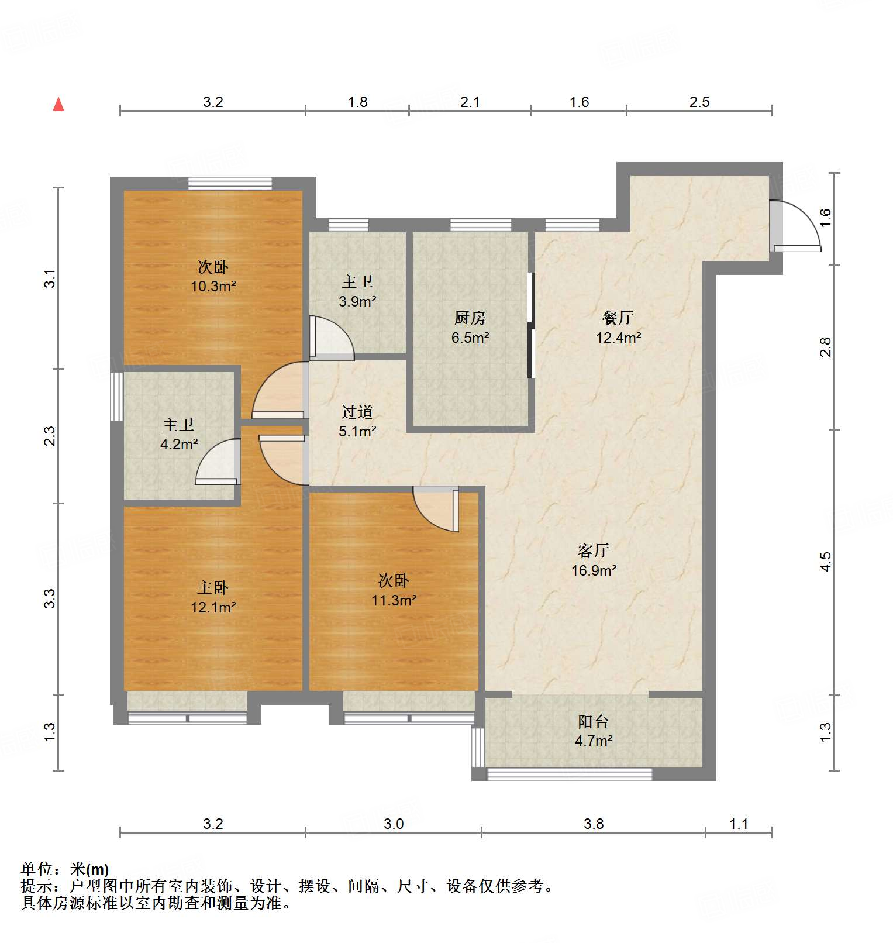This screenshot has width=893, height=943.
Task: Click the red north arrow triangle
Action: pyautogui.click(x=58, y=105)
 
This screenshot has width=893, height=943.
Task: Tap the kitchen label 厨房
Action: pyautogui.click(x=470, y=318)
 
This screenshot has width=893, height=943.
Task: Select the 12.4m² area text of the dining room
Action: pyautogui.click(x=618, y=338)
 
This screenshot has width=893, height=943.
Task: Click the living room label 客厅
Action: pyautogui.click(x=594, y=550)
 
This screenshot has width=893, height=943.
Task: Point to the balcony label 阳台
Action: pyautogui.click(x=594, y=722)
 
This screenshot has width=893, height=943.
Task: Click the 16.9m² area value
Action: pyautogui.click(x=594, y=570)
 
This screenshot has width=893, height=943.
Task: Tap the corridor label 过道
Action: pyautogui.click(x=357, y=412)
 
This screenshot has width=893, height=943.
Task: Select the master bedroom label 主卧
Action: pyautogui.click(x=213, y=587)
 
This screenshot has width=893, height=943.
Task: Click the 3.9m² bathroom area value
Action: pyautogui.click(x=357, y=301)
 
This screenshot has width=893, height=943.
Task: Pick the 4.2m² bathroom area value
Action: pyautogui.click(x=178, y=445)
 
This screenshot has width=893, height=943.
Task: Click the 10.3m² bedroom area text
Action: pyautogui.click(x=213, y=287)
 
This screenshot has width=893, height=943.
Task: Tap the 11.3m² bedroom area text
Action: pyautogui.click(x=394, y=601)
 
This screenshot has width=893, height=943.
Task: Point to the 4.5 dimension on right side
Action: pyautogui.click(x=825, y=562)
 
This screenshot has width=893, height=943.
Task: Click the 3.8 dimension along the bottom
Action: pyautogui.click(x=593, y=824)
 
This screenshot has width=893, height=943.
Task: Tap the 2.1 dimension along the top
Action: pyautogui.click(x=470, y=102)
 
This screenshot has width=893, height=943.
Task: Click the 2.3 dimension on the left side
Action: pyautogui.click(x=50, y=436)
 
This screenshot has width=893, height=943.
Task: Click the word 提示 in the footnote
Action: pyautogui.click(x=36, y=886)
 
